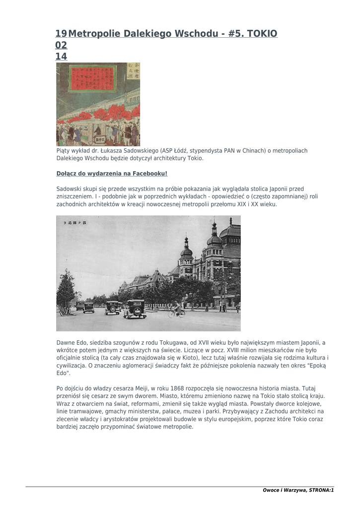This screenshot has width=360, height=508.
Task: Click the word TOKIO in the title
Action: pos(262,34)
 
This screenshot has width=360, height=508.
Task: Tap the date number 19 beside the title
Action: pos(61,34)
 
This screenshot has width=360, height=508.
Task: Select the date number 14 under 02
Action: pos(61,57)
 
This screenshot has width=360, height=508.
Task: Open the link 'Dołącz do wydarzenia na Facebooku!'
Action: pos(112,174)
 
